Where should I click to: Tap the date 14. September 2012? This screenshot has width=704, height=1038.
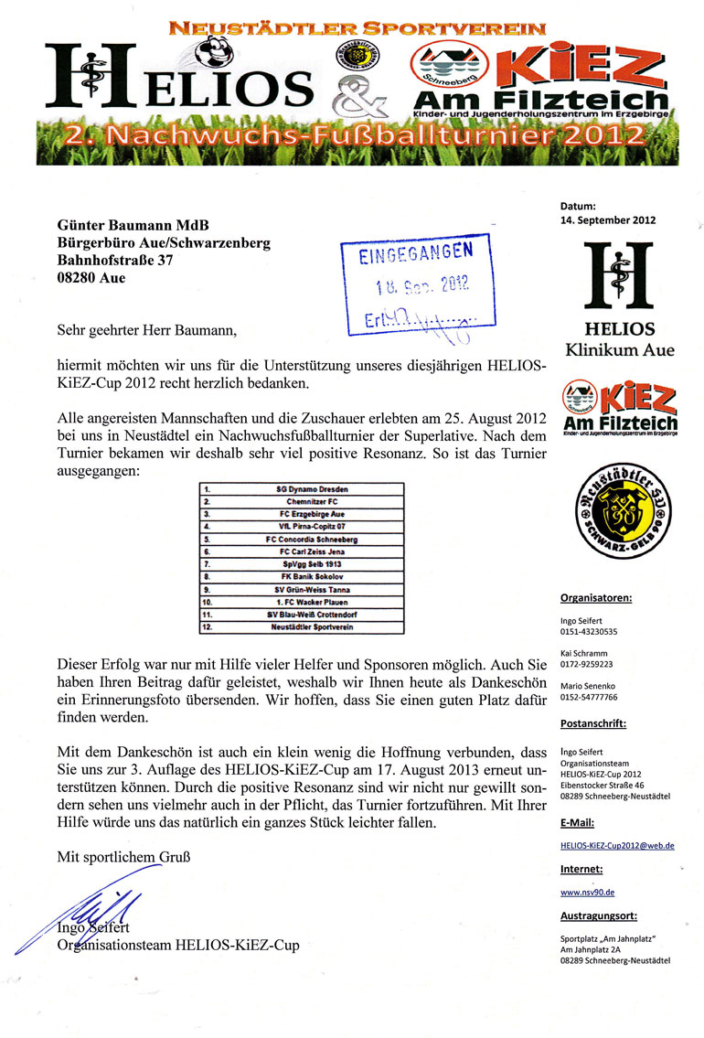click(x=608, y=220)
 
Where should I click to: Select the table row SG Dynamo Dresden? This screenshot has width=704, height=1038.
click(x=311, y=489)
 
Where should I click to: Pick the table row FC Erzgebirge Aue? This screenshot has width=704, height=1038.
click(x=311, y=515)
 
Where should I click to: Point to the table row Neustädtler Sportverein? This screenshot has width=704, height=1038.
click(x=311, y=627)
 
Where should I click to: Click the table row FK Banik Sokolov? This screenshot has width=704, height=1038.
click(x=311, y=577)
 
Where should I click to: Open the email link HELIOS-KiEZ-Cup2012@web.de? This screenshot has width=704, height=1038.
click(x=617, y=846)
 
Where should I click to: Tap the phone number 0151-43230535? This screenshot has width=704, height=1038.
click(x=589, y=631)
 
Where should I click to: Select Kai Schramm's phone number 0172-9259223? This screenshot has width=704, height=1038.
click(x=588, y=664)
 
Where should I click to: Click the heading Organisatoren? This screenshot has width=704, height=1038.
click(x=595, y=599)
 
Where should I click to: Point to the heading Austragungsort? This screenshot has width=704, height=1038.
click(x=599, y=915)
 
